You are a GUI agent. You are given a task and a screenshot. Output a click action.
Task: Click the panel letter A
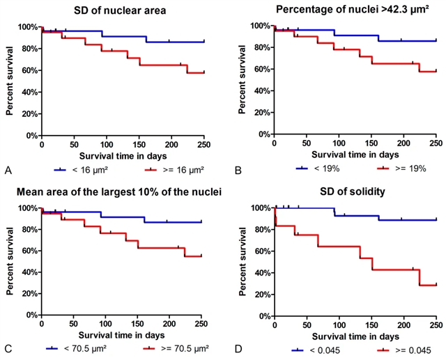pos(7,169)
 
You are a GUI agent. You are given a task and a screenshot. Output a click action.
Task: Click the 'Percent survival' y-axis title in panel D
pos(240,261)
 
